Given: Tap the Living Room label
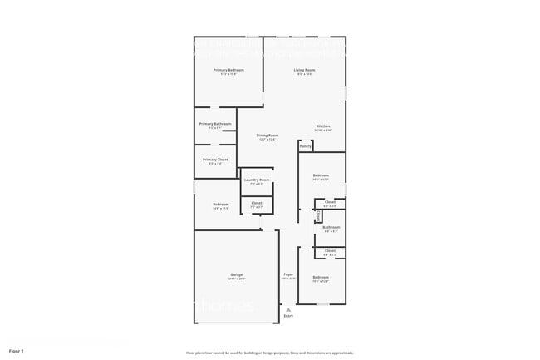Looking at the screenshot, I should coord(304,71).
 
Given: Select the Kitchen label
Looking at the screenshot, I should coord(323,126).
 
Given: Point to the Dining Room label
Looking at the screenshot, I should coord(267,136).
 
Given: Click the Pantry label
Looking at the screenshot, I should coord(305,146).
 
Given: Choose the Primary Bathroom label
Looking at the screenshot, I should coord(215,124).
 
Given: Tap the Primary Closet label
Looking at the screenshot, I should coord(215,160).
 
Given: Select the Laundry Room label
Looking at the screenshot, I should coord(257,180).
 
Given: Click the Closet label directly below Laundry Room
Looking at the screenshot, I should coord(257,203).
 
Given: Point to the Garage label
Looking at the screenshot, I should coord(236,275).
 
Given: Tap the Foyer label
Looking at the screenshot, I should coord(288,274).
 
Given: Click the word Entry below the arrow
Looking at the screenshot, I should coord(288,316).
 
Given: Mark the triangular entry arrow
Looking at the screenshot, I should coord(288,308).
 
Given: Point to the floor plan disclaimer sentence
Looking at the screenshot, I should coord(270,353).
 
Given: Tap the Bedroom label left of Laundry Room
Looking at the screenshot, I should coord(220,205).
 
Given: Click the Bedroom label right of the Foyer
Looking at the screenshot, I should coord(321,277).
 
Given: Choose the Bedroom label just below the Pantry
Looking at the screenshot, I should coord(321,175).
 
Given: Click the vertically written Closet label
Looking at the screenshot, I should coord(318,215).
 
